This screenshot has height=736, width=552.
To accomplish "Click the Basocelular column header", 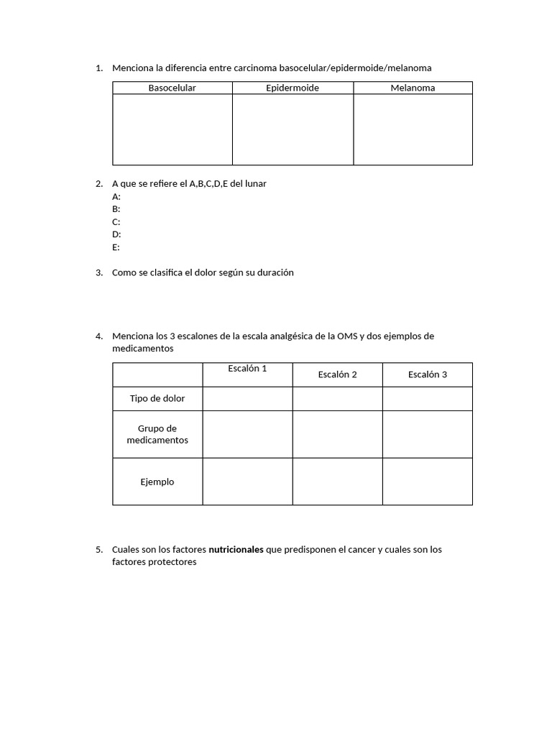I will click(x=172, y=88).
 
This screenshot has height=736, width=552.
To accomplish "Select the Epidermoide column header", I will click(x=293, y=88).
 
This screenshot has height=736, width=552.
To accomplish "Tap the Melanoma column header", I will click(x=413, y=88).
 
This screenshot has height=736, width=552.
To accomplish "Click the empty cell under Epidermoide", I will click(x=293, y=129).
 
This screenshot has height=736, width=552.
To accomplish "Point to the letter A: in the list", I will click(x=116, y=196).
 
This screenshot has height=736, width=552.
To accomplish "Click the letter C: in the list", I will click(x=116, y=221).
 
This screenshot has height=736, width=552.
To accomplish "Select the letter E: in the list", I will click(x=116, y=247).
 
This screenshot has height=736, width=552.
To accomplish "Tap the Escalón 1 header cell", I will click(x=247, y=369).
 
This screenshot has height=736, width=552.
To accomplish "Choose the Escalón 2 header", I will click(x=337, y=374).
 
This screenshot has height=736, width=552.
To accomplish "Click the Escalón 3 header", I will click(x=427, y=374).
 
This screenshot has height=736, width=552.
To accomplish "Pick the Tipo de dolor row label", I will click(x=157, y=398).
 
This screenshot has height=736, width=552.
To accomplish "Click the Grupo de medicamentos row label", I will click(x=157, y=434).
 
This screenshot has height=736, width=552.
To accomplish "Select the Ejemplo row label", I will click(x=157, y=482).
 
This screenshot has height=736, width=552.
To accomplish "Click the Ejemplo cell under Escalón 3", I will click(x=427, y=482).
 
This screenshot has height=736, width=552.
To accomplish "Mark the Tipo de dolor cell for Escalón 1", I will click(x=247, y=398).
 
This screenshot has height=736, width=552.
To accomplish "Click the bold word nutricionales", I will click(x=236, y=550).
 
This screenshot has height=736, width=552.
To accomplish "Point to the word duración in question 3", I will click(x=275, y=272).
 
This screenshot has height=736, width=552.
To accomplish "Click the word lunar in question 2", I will click(x=255, y=183).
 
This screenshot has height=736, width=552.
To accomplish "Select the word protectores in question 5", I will click(x=170, y=563).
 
